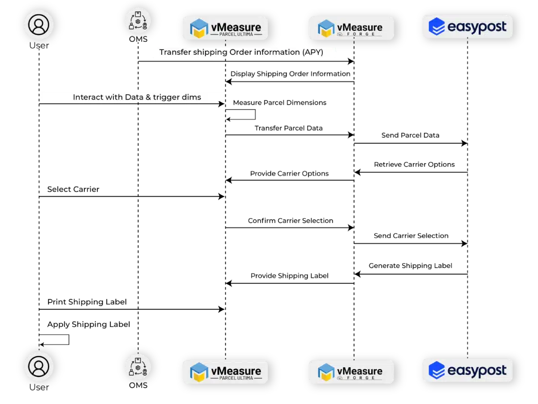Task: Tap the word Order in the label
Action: [x=241, y=53]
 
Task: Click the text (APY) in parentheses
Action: [x=312, y=53]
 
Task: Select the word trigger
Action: [x=167, y=97]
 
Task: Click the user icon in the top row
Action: [x=39, y=25]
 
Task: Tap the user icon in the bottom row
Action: [x=39, y=366]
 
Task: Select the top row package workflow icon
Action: [x=138, y=21]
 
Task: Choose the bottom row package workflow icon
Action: [x=138, y=366]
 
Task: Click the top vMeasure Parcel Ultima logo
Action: [x=225, y=28]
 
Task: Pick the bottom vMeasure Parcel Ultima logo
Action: [x=225, y=372]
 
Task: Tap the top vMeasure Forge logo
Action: [x=351, y=28]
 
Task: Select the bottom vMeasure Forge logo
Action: [x=351, y=372]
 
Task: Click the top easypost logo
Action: [x=467, y=26]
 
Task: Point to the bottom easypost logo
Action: [x=467, y=370]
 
